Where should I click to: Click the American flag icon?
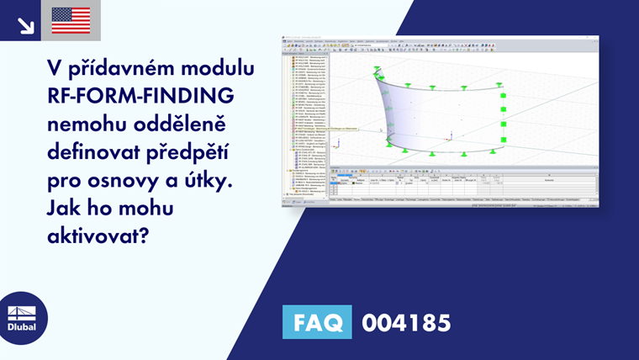[x=71, y=20]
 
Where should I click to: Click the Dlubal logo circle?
[x=23, y=318]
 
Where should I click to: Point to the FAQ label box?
[x=317, y=321]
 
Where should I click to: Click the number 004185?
[x=406, y=322]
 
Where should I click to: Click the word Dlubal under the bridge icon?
[x=23, y=328]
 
